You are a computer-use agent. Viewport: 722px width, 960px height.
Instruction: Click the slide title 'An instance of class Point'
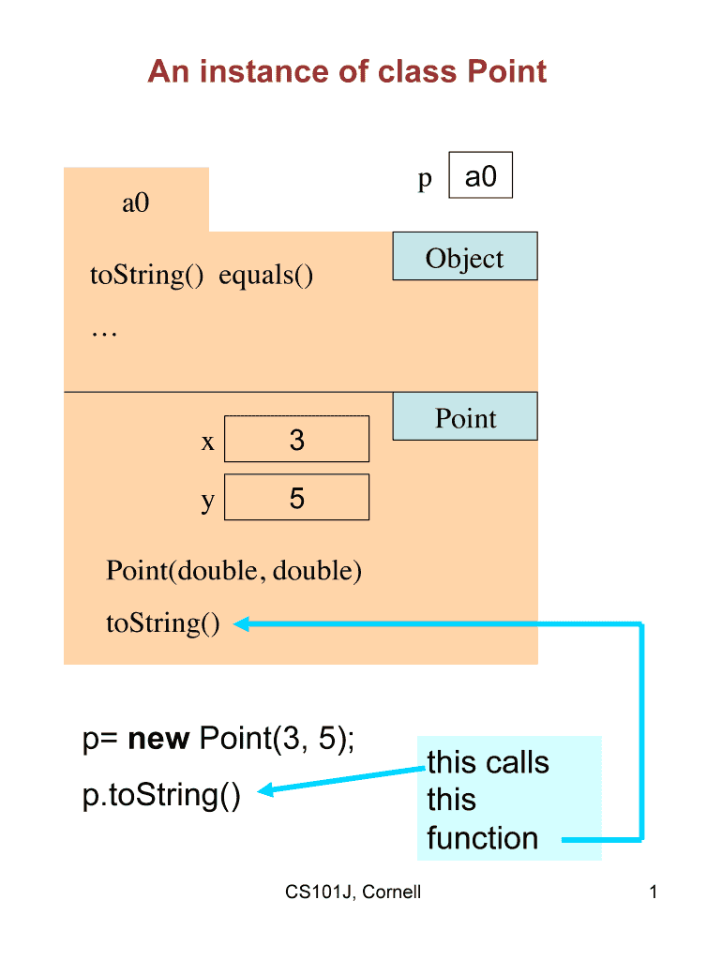pyautogui.click(x=347, y=72)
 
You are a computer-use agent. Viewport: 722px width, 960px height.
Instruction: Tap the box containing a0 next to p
pyautogui.click(x=481, y=176)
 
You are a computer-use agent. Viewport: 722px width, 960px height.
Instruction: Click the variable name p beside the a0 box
pyautogui.click(x=425, y=179)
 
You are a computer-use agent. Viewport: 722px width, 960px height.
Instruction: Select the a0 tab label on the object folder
pyautogui.click(x=136, y=202)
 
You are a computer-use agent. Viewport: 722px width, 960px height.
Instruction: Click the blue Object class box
pyautogui.click(x=464, y=257)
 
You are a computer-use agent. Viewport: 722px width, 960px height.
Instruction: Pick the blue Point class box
pyautogui.click(x=464, y=417)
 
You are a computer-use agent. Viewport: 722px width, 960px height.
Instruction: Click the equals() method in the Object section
pyautogui.click(x=266, y=276)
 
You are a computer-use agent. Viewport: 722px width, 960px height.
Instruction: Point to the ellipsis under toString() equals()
pyautogui.click(x=104, y=330)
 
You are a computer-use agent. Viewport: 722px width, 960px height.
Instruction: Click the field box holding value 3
pyautogui.click(x=296, y=440)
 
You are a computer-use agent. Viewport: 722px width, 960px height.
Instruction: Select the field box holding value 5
pyautogui.click(x=296, y=498)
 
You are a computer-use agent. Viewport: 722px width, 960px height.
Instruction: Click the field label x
pyautogui.click(x=208, y=442)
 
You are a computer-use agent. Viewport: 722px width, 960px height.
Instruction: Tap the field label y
pyautogui.click(x=208, y=500)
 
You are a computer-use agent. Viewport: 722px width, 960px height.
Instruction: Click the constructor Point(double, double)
pyautogui.click(x=233, y=570)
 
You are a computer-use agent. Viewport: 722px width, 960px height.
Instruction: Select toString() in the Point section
pyautogui.click(x=163, y=622)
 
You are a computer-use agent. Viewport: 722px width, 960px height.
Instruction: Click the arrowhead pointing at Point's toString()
pyautogui.click(x=240, y=623)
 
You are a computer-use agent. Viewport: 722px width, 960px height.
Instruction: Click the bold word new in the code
pyautogui.click(x=159, y=740)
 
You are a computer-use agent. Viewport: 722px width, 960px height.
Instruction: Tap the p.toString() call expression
pyautogui.click(x=161, y=795)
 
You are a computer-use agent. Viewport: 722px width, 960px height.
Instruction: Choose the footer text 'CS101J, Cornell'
pyautogui.click(x=353, y=892)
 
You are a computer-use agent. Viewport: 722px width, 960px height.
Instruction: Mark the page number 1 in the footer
pyautogui.click(x=653, y=892)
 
